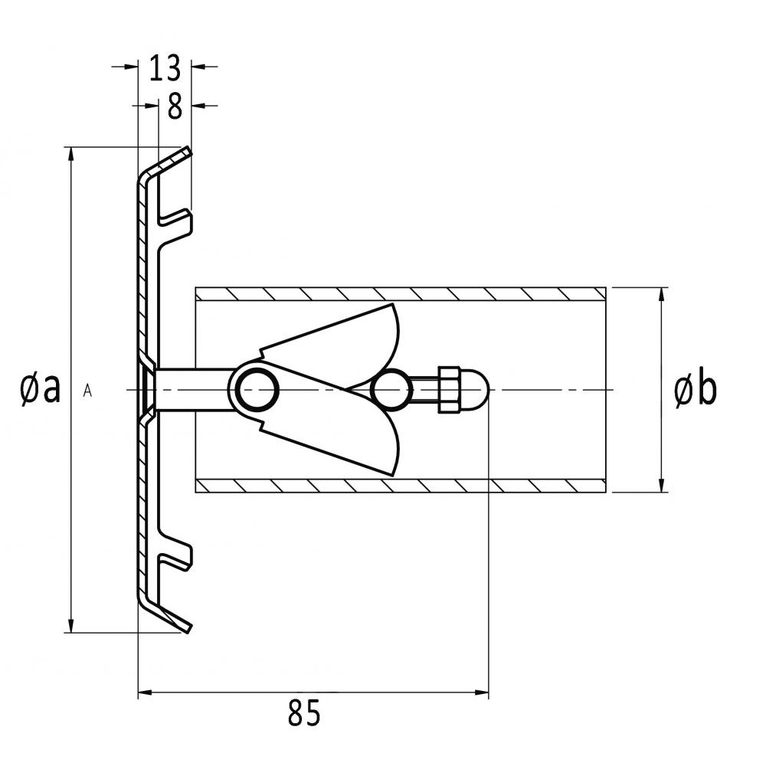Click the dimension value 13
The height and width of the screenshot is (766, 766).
pos(165,67)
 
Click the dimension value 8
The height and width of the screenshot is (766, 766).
pos(175,106)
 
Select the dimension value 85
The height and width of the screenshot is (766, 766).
pos(304,712)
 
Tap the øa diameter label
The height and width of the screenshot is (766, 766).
pos(41,388)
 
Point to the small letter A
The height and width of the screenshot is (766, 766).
pos(87,391)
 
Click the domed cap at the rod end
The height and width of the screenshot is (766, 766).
pos(474,390)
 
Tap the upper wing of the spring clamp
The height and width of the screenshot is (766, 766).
pos(332,346)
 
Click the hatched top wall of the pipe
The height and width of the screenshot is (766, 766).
pos(401,293)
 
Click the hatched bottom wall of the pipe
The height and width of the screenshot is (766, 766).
pos(401,486)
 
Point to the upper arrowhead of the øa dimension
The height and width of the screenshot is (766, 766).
pos(71,153)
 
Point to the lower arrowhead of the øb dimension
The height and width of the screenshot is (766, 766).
pos(662,485)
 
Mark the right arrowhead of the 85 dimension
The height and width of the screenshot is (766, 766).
pos(482,692)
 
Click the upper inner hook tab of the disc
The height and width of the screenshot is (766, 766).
pos(175,222)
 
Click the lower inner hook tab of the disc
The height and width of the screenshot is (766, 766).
pos(175,556)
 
